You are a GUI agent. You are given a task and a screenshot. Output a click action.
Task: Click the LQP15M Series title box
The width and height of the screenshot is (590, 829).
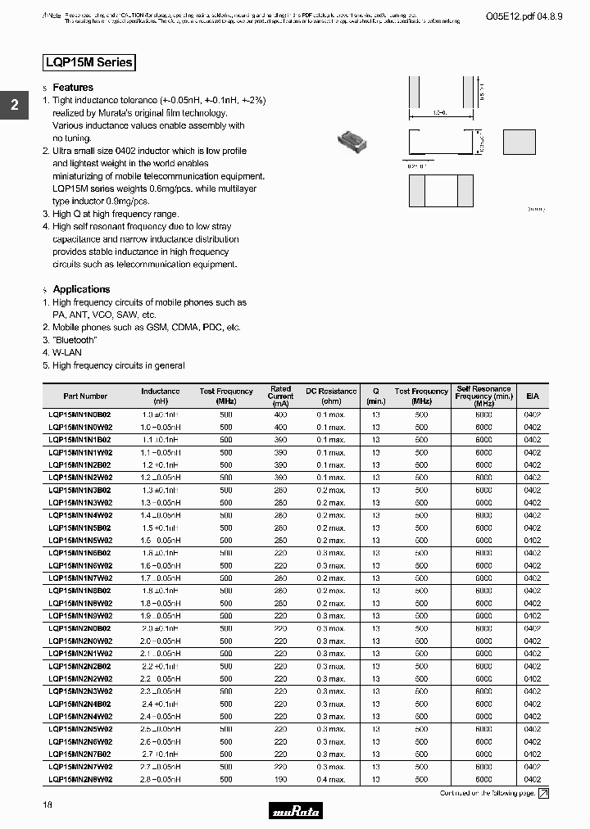(x=88, y=62)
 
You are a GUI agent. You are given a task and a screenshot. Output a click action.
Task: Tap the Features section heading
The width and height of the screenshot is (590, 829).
(x=73, y=88)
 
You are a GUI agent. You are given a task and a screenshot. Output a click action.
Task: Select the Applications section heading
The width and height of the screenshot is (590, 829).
(x=81, y=289)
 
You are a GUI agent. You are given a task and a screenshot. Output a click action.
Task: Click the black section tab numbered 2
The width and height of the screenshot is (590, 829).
(x=14, y=105)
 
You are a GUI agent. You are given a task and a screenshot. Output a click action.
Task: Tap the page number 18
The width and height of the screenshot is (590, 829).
(x=48, y=806)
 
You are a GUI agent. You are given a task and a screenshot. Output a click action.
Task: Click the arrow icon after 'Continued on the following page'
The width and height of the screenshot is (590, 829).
(x=542, y=793)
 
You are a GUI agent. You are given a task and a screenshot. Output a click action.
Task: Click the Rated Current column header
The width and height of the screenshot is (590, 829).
(x=280, y=396)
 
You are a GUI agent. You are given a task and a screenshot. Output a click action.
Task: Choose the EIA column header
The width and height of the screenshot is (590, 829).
(x=533, y=396)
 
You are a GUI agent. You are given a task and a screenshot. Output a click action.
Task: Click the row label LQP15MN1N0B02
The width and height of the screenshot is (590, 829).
(x=80, y=414)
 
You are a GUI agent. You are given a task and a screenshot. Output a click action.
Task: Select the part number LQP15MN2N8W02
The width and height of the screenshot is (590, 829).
(x=80, y=780)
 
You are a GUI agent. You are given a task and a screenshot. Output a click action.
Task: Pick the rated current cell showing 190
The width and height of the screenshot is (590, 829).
(x=280, y=780)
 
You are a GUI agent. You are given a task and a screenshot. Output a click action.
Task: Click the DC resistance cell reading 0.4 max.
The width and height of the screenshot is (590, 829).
(x=331, y=780)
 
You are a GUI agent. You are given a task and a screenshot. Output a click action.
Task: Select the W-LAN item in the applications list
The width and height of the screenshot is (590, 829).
(x=70, y=353)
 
